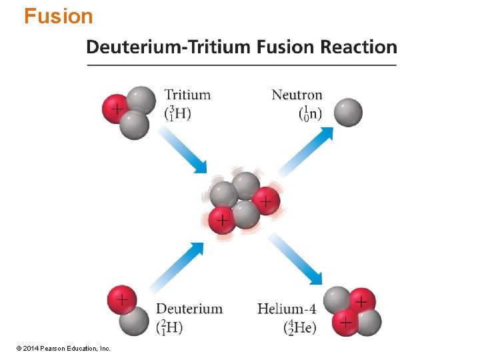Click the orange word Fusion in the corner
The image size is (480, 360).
tap(59, 16)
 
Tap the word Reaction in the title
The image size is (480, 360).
tap(359, 47)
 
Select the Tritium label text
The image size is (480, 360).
tap(187, 95)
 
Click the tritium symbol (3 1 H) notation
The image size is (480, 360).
tap(177, 113)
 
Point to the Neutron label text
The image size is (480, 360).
tap(297, 95)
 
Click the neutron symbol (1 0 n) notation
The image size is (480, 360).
tap(310, 113)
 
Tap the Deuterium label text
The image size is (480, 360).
tap(189, 309)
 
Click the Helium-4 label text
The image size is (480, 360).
tap(287, 309)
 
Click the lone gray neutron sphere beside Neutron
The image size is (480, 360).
tap(348, 112)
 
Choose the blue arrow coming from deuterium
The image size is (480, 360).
tap(177, 267)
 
